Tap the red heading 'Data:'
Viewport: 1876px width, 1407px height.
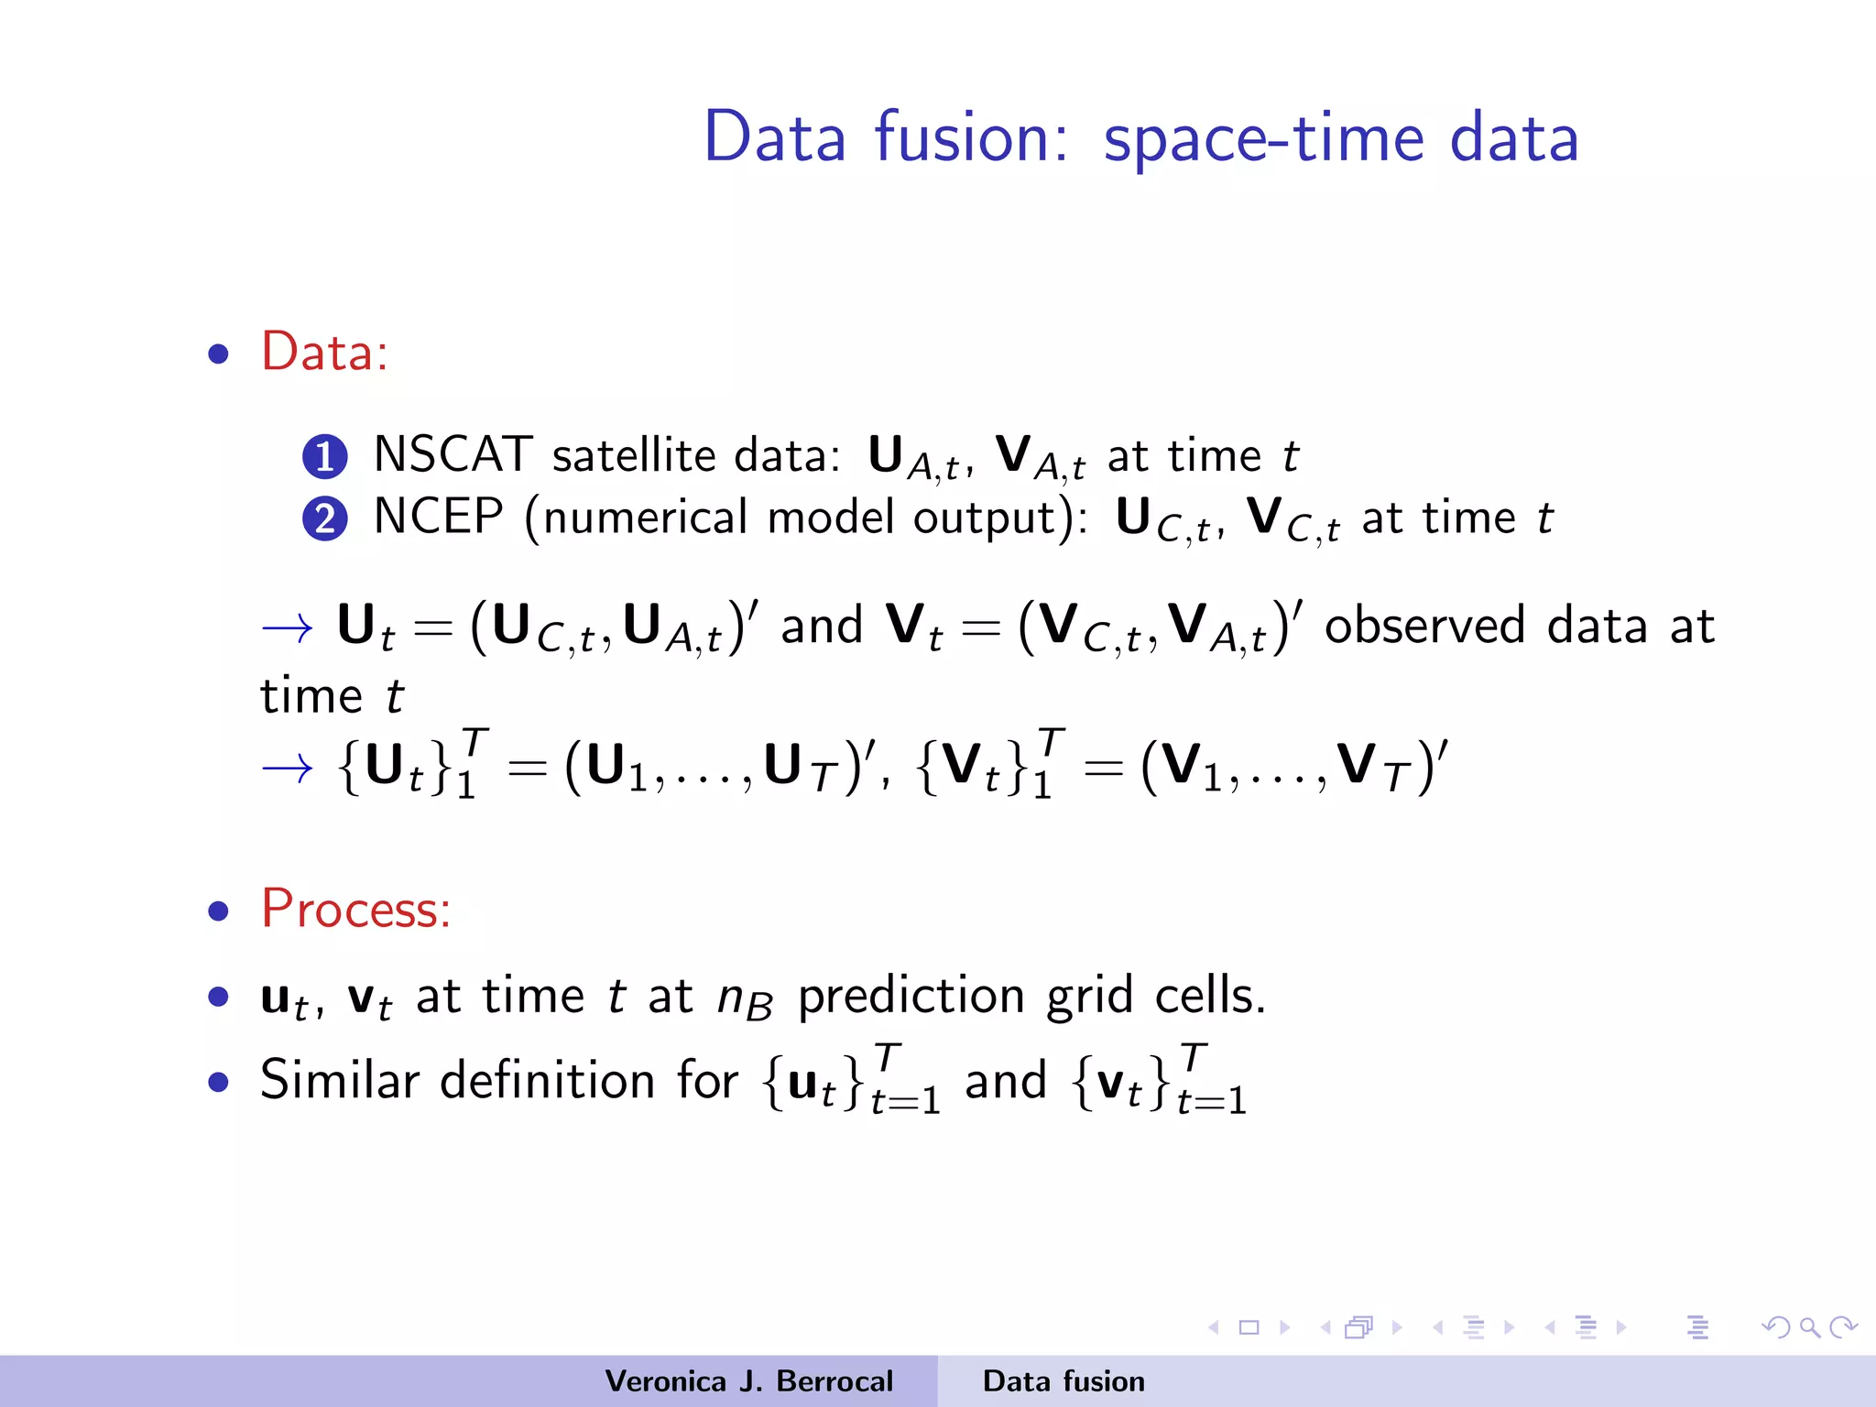pos(324,352)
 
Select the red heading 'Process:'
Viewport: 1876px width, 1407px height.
pos(355,909)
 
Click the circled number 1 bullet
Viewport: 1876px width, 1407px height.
pos(325,457)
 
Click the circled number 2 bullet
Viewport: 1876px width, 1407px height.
pos(325,519)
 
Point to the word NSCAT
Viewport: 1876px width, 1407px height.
pos(453,454)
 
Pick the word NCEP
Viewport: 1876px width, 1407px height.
pos(438,517)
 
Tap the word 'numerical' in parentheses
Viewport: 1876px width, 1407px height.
pos(645,518)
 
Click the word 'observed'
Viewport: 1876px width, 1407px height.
pos(1424,627)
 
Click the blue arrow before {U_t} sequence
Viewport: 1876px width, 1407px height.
pos(287,768)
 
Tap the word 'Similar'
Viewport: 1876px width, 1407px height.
pos(340,1080)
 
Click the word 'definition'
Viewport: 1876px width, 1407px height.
pos(547,1080)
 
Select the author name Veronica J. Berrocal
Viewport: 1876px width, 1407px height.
pos(748,1381)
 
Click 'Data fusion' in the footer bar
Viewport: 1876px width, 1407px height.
pos(1063,1381)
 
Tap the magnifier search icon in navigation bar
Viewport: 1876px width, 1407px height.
pos(1809,1327)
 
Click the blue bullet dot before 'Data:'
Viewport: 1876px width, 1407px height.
pos(218,354)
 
